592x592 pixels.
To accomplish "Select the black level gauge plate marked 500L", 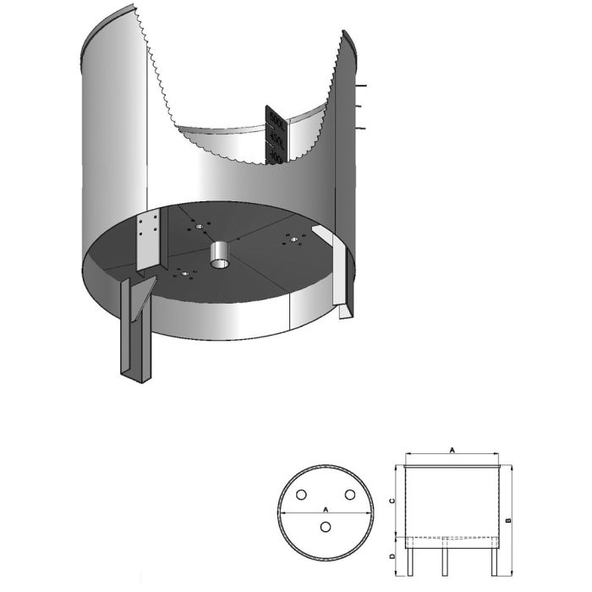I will point(277,135).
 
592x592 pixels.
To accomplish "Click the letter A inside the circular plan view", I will point(326,509).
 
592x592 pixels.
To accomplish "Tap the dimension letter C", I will point(390,501).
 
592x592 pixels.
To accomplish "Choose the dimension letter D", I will point(390,556).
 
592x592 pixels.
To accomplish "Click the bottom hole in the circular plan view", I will point(326,528).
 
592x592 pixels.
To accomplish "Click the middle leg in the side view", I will point(446,557).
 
